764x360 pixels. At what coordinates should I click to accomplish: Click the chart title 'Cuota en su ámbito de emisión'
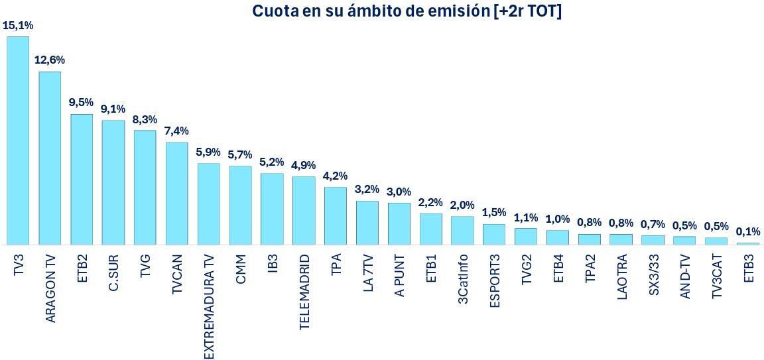tap(407, 11)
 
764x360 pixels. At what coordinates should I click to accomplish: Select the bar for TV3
tap(18, 141)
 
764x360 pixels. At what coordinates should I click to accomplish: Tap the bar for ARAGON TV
tap(50, 158)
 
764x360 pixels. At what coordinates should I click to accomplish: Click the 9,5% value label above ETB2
tap(81, 103)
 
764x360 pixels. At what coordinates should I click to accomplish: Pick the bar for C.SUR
tap(113, 182)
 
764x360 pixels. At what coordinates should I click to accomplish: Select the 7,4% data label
tap(176, 131)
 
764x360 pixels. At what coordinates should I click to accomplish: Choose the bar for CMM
tap(240, 205)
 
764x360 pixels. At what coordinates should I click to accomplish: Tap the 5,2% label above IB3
tap(272, 162)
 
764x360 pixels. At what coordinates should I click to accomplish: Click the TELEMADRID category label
tap(304, 292)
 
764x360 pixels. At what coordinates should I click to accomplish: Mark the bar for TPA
tap(336, 215)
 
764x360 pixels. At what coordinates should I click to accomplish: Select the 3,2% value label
tap(367, 190)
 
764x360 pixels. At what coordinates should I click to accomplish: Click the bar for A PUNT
tap(399, 223)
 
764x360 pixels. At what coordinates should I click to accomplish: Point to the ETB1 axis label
tap(431, 269)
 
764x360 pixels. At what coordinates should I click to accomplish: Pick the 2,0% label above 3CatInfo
tap(462, 205)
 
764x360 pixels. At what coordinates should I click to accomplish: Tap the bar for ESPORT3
tap(494, 234)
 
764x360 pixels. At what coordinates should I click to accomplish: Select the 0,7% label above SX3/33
tap(653, 224)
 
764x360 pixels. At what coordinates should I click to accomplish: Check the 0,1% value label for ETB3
tap(748, 232)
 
